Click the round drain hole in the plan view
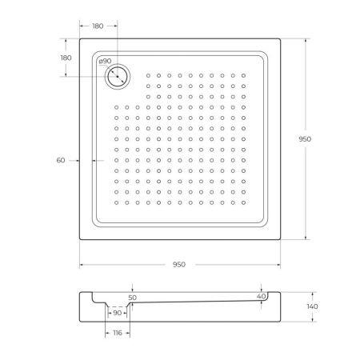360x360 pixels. [x=118, y=76]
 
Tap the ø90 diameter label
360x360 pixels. [x=104, y=62]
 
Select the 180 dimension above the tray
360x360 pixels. [x=98, y=26]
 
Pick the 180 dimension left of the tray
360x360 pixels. [x=66, y=58]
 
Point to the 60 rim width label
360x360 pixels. [x=61, y=161]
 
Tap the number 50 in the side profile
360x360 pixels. [x=133, y=298]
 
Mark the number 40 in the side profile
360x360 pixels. [x=261, y=297]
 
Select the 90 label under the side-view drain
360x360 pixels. [x=117, y=312]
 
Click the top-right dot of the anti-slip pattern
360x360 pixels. [x=243, y=75]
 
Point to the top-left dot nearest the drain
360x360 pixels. [x=149, y=75]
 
